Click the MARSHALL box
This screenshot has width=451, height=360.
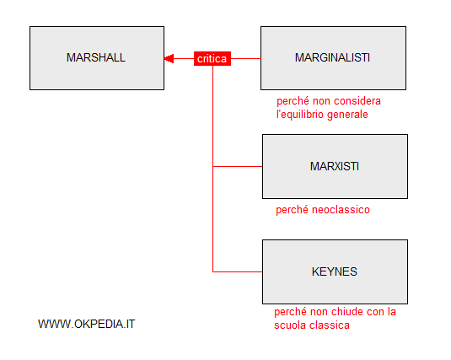point(97,58)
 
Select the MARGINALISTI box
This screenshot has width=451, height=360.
point(333,58)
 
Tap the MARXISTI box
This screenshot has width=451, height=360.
point(335,166)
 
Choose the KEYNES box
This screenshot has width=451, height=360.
point(335,271)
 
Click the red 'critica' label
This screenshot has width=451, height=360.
point(212,59)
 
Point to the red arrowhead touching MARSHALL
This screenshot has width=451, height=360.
point(169,59)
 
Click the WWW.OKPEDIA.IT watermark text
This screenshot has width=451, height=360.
point(86,324)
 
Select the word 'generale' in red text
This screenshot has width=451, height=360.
point(347,115)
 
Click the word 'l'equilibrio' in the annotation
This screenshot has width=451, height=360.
point(300,115)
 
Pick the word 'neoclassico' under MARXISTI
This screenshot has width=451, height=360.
point(341,210)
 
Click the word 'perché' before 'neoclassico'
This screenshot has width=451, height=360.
point(293,210)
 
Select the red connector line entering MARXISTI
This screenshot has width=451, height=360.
point(238,166)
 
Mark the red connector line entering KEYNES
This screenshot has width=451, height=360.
point(238,271)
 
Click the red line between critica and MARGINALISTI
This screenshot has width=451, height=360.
point(246,59)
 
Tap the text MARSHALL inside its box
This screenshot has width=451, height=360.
point(96,57)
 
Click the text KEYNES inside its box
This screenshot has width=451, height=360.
point(335,271)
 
